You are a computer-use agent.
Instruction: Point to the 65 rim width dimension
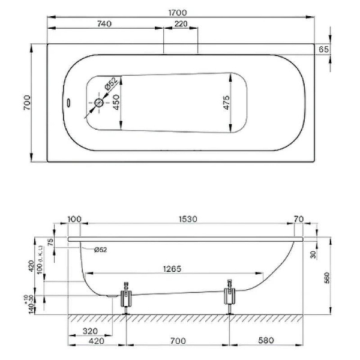pos(323,49)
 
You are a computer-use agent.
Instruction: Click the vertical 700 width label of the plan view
pos(27,103)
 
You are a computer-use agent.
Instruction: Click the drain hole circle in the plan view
pos(99,103)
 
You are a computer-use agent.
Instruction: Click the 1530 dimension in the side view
pos(188,220)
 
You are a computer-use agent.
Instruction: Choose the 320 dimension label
pos(90,331)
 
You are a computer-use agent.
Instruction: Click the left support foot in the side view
pos(126,298)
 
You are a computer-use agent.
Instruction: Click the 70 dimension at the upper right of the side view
pos(298,220)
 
